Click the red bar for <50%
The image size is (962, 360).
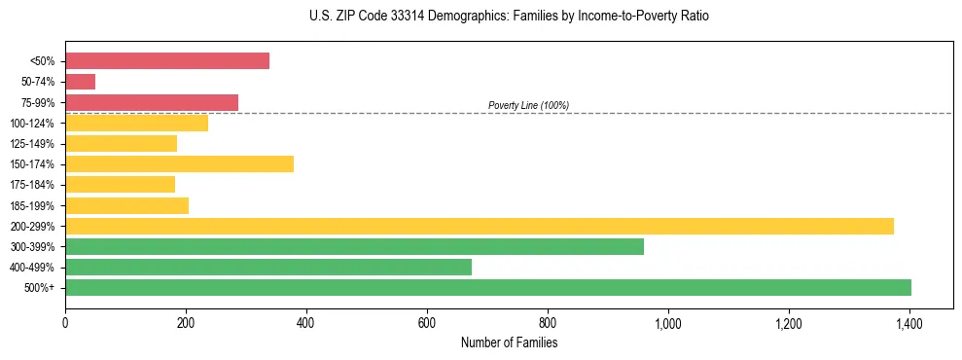(x=167, y=61)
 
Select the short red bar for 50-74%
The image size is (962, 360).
(x=80, y=82)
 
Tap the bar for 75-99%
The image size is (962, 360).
(x=152, y=102)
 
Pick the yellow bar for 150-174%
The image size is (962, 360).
(x=179, y=163)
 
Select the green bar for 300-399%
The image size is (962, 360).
(x=354, y=246)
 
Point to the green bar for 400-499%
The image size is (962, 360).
(x=268, y=267)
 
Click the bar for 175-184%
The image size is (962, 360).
(x=120, y=184)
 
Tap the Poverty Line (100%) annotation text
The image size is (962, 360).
(x=528, y=105)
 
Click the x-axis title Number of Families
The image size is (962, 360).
(x=509, y=342)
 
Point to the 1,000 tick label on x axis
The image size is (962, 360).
(x=668, y=323)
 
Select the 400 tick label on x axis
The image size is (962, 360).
(x=306, y=323)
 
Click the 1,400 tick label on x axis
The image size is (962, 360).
(x=909, y=323)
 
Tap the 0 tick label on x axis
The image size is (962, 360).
(x=65, y=323)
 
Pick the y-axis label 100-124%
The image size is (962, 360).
(x=32, y=124)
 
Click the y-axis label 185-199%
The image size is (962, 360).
(x=32, y=205)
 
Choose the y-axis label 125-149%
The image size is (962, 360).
(x=32, y=144)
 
